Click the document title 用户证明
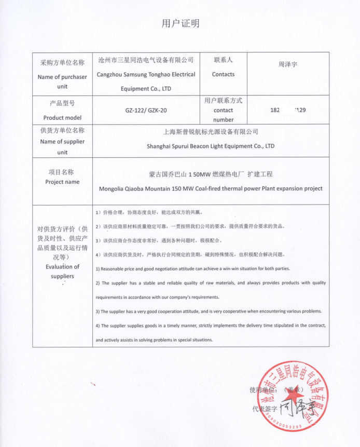click(181, 23)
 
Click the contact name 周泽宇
click(287, 65)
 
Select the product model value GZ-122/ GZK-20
click(146, 111)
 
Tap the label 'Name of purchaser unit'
click(63, 82)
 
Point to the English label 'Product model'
click(62, 118)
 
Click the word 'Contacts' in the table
click(223, 74)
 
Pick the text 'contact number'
click(224, 115)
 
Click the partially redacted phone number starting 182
click(288, 110)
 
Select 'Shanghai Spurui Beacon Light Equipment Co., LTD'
click(211, 146)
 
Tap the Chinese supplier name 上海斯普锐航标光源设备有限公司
click(211, 132)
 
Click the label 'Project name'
click(62, 182)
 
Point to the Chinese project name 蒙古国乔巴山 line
click(211, 174)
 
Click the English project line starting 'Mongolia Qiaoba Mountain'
click(211, 188)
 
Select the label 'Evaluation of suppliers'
click(62, 272)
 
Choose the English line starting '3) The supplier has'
click(209, 311)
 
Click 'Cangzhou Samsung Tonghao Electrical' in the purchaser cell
click(146, 74)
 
